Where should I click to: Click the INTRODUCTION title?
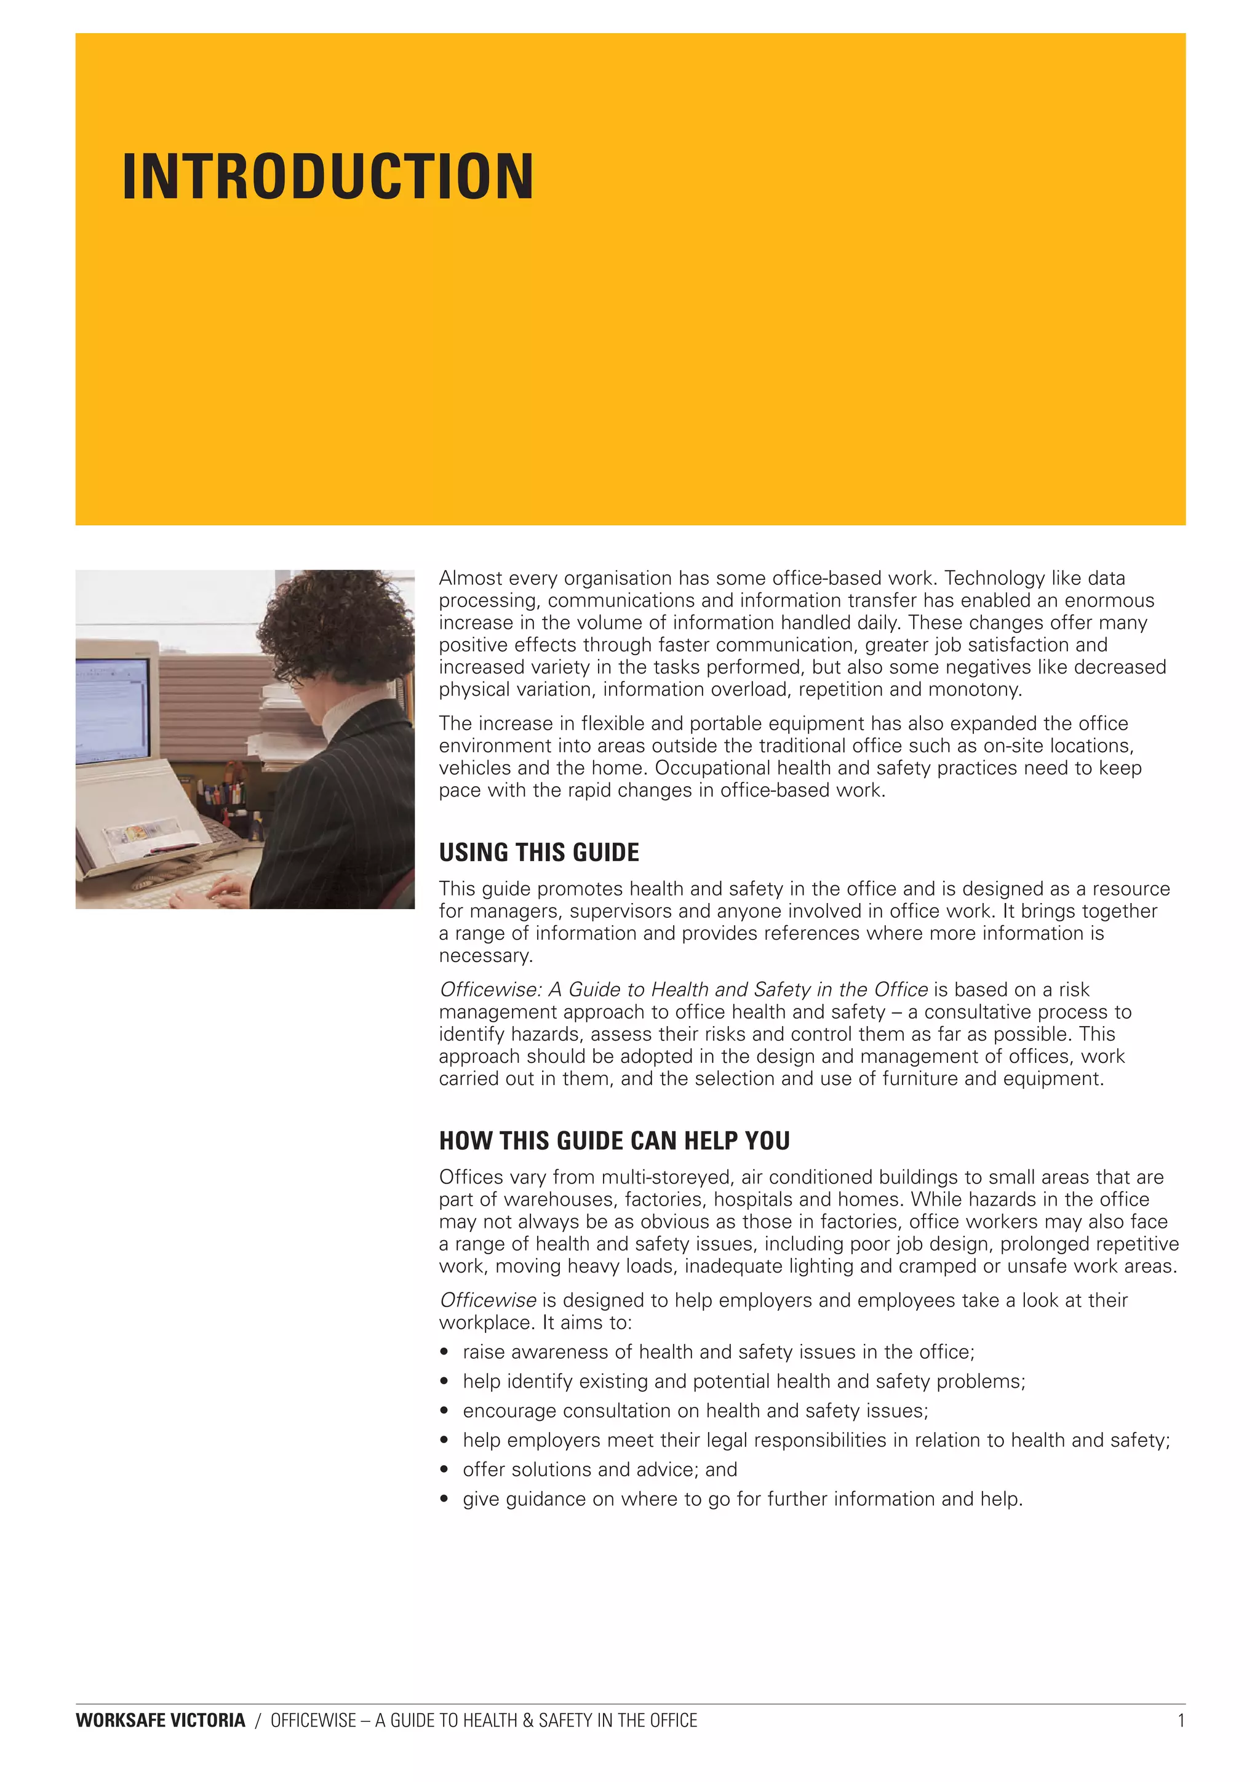click(x=328, y=177)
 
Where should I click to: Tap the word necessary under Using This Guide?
click(x=486, y=955)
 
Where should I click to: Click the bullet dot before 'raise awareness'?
click(x=444, y=1352)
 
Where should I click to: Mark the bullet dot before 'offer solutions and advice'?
click(x=444, y=1470)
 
